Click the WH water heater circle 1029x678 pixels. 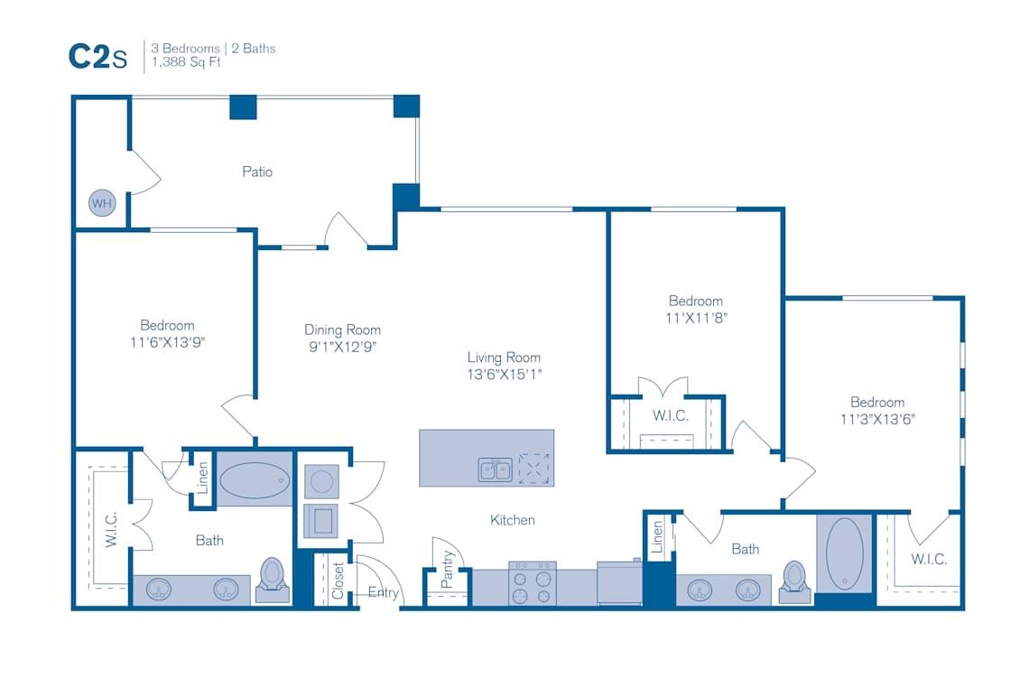(102, 203)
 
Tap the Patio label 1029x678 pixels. (257, 172)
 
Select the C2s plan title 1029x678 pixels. (97, 56)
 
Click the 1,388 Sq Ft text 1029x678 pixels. (191, 63)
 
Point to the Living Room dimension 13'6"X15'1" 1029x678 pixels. (504, 374)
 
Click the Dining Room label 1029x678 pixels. (342, 330)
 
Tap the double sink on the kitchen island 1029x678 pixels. (495, 469)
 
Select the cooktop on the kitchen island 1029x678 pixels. (534, 469)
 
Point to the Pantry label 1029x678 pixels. (447, 570)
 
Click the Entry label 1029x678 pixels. (384, 593)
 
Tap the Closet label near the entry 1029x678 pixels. (338, 580)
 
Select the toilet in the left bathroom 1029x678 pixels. (272, 578)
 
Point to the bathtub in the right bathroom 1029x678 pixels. (845, 553)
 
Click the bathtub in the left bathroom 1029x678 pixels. (254, 478)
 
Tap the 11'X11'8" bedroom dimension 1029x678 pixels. (696, 318)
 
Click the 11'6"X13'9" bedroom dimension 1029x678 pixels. (167, 342)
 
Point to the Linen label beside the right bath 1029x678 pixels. (657, 537)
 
